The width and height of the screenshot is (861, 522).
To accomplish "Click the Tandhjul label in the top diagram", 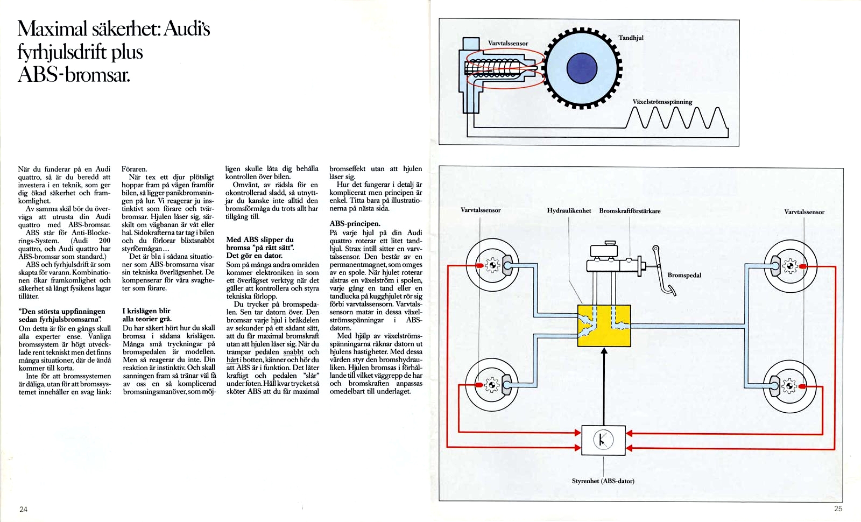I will click(x=631, y=38).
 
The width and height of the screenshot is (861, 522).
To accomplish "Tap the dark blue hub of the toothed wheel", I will click(x=582, y=68).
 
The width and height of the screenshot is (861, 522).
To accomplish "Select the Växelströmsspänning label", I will click(x=662, y=102).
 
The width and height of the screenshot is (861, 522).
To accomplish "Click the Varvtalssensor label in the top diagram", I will click(x=508, y=43).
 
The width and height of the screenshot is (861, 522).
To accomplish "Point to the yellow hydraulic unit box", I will click(x=604, y=326).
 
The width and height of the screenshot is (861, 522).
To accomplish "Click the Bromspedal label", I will click(x=684, y=275).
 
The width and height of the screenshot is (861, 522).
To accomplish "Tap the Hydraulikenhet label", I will click(x=569, y=210).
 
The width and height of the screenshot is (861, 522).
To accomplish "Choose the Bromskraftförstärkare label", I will click(x=630, y=211).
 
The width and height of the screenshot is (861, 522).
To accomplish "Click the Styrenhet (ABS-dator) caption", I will click(x=603, y=481).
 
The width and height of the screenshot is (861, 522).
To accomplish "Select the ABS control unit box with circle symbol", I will click(x=603, y=440).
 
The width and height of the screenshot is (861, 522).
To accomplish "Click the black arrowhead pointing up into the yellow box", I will click(x=604, y=351).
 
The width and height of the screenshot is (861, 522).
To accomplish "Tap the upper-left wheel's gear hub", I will click(x=492, y=265).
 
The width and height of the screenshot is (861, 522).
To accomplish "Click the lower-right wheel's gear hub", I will click(x=789, y=385).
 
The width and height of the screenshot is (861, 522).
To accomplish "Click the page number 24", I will click(x=23, y=509).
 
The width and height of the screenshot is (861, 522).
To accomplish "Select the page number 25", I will click(x=838, y=509).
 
